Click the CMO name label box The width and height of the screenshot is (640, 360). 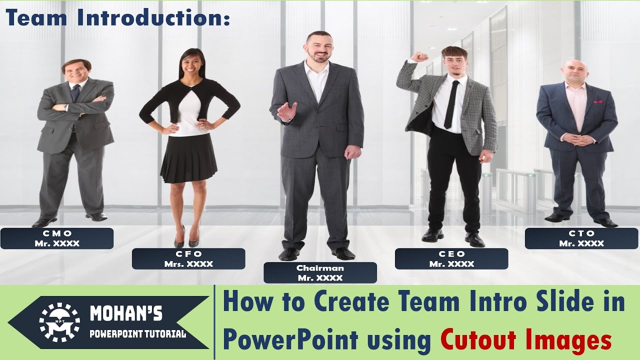pyautogui.click(x=57, y=238)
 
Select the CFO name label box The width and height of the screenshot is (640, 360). pyautogui.click(x=188, y=259)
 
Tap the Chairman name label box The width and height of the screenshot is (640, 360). pyautogui.click(x=320, y=273)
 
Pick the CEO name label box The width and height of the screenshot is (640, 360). pyautogui.click(x=451, y=259)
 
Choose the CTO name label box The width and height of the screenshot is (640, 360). pyautogui.click(x=581, y=238)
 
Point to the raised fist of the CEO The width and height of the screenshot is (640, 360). pyautogui.click(x=419, y=56)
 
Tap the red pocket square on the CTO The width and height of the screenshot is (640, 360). pyautogui.click(x=597, y=101)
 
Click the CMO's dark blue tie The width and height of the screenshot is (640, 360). pyautogui.click(x=74, y=93)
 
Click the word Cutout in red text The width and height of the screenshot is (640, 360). pyautogui.click(x=476, y=341)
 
